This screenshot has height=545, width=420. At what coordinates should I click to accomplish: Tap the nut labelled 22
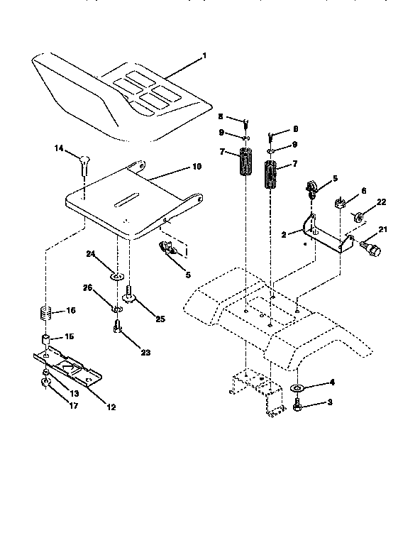point(360,215)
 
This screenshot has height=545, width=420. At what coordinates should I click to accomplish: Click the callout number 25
point(160,319)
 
